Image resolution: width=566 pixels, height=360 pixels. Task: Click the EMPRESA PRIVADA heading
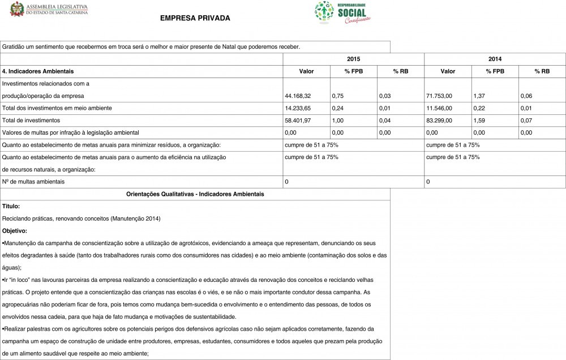point(195,18)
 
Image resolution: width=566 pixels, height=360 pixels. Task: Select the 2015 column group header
point(353,59)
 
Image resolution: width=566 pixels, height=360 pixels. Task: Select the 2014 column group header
point(495,59)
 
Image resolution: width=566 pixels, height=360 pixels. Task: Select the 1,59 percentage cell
point(479,120)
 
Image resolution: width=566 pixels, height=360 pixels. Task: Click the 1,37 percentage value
point(479,96)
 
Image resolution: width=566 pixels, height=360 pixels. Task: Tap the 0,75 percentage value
point(338,96)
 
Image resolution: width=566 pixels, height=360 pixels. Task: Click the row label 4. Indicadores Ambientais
point(38,71)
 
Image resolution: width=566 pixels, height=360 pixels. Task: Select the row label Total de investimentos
point(31,120)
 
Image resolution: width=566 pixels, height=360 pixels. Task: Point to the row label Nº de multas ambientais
point(33,182)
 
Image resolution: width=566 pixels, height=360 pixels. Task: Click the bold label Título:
point(11,206)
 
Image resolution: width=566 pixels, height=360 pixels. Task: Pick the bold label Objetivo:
point(15,231)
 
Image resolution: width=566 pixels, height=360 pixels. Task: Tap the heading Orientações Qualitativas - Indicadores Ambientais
point(195,194)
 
